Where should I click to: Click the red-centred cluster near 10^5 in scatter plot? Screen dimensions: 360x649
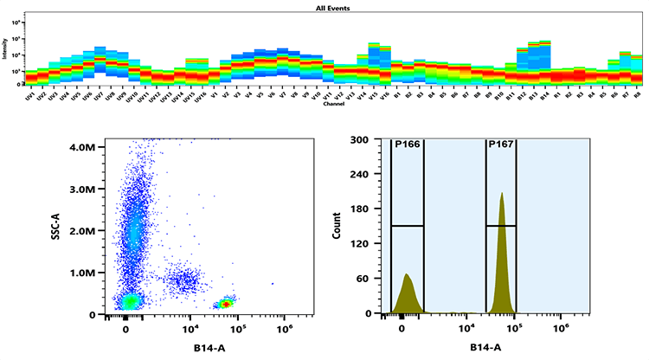[x=226, y=304]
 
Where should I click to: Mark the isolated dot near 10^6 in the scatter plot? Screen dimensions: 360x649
[x=273, y=283]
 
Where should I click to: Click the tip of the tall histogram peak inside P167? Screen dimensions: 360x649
[x=502, y=194]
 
